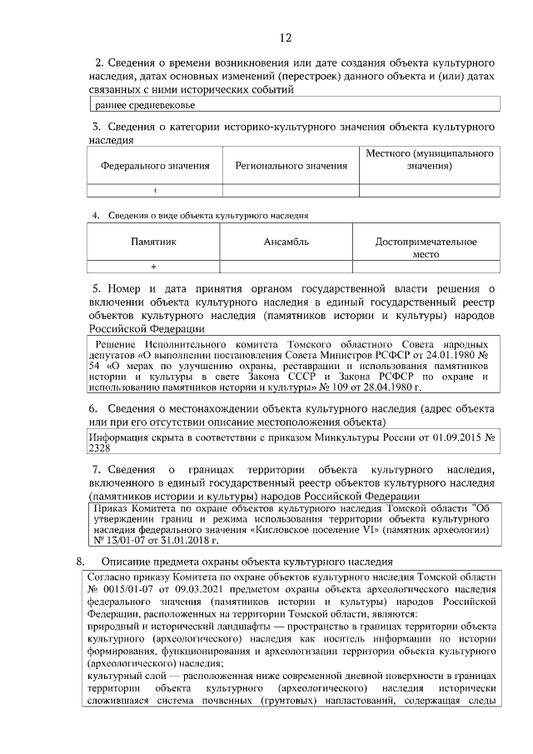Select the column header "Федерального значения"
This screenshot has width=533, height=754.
pyautogui.click(x=155, y=166)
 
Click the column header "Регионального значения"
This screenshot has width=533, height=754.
pyautogui.click(x=291, y=166)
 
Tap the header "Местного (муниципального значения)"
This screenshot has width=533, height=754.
pyautogui.click(x=430, y=160)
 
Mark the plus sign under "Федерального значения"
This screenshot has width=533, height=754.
pyautogui.click(x=155, y=191)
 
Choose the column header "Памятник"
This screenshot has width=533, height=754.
pyautogui.click(x=154, y=242)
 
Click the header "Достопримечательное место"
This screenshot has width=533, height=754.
pyautogui.click(x=426, y=247)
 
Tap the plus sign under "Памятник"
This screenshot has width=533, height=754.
pyautogui.click(x=154, y=267)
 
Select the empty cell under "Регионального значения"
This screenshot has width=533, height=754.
pyautogui.click(x=291, y=191)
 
